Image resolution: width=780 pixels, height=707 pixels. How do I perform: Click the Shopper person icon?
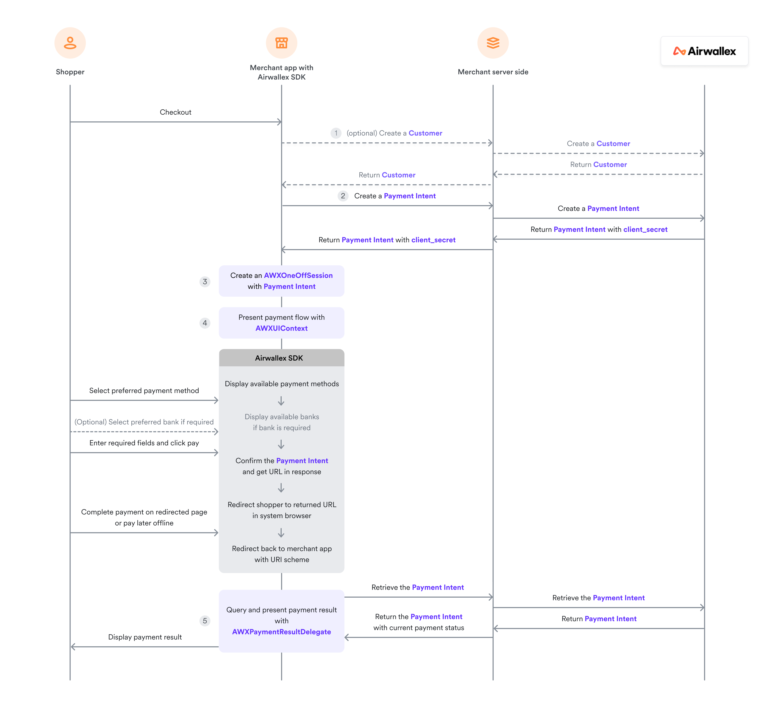70,43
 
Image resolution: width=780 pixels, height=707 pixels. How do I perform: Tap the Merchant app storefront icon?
281,43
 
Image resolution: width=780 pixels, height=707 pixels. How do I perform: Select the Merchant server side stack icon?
493,43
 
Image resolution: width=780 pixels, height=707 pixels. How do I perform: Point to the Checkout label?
175,112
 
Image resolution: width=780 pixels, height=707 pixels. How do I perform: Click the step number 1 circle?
336,133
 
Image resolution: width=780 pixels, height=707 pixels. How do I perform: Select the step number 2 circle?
343,196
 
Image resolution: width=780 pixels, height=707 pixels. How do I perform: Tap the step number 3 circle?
205,282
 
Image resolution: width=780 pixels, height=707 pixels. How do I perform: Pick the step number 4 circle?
205,323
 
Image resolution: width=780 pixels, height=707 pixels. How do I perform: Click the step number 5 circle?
205,621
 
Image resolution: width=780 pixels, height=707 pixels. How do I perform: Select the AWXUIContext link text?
281,328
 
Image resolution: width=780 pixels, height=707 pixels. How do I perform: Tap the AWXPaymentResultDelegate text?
281,632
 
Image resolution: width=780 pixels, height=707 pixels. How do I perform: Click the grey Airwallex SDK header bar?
281,358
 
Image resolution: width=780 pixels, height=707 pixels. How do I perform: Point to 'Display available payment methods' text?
281,384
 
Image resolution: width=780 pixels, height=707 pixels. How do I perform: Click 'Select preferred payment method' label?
144,391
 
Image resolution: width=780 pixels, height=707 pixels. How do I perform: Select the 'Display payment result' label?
145,637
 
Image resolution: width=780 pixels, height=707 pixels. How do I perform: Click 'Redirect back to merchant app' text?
281,548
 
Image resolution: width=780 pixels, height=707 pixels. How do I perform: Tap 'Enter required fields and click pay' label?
144,443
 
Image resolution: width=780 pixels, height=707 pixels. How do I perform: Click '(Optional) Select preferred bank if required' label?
144,422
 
